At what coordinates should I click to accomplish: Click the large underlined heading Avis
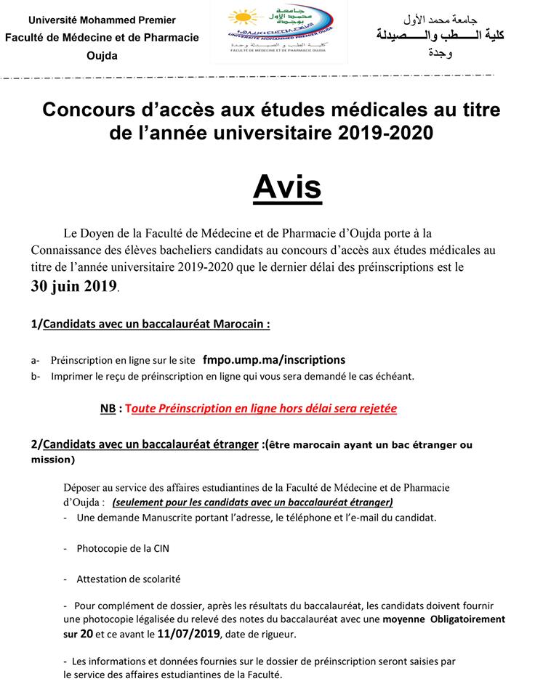pyautogui.click(x=287, y=187)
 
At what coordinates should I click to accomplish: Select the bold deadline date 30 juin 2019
pyautogui.click(x=74, y=285)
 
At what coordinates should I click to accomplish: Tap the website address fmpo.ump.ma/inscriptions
pyautogui.click(x=274, y=359)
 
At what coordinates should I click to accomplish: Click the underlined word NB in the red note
pyautogui.click(x=108, y=409)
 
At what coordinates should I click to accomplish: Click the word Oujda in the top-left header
pyautogui.click(x=101, y=56)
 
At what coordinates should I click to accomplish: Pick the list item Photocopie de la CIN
pyautogui.click(x=123, y=548)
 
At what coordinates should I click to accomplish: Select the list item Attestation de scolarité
pyautogui.click(x=129, y=579)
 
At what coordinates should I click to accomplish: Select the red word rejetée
pyautogui.click(x=375, y=409)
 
